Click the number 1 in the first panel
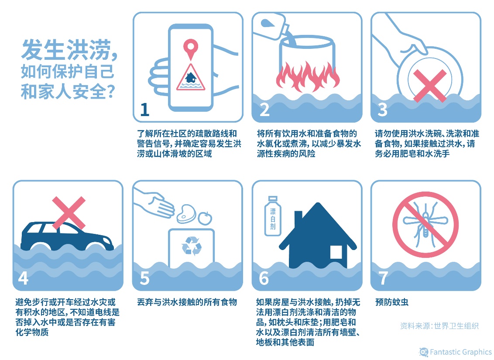(x=144, y=110)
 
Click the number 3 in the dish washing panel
(x=383, y=110)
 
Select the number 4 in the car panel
(x=23, y=278)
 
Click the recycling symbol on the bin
(x=192, y=246)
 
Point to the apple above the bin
(x=204, y=217)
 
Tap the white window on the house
(x=336, y=252)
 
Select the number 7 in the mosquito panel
(x=383, y=278)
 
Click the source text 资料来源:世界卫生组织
(x=439, y=326)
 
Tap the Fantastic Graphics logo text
(x=460, y=352)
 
